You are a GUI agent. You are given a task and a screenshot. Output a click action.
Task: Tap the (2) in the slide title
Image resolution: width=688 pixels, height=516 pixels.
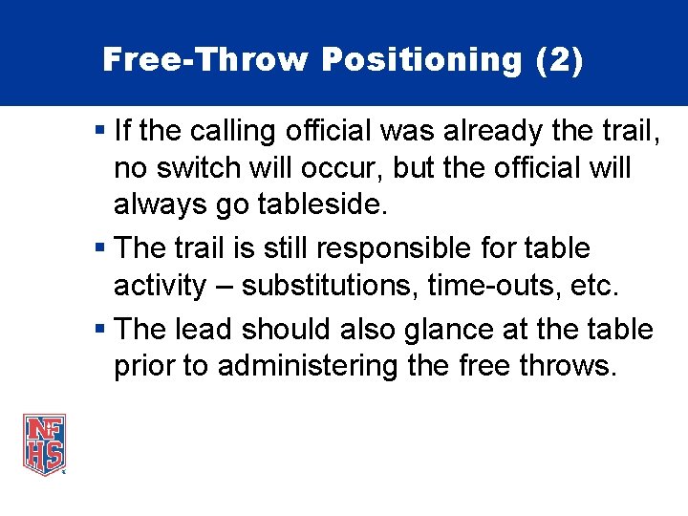pos(559,60)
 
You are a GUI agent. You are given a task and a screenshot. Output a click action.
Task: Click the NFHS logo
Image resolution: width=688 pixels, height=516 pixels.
pos(44,443)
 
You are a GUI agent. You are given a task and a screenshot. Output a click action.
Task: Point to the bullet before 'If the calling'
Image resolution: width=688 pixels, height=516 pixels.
pos(101,128)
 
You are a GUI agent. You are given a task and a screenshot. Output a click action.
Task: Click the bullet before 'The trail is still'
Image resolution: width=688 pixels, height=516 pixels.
pos(101,248)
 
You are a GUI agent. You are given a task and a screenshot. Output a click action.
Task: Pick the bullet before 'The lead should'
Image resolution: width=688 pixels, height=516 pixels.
pos(101,330)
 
